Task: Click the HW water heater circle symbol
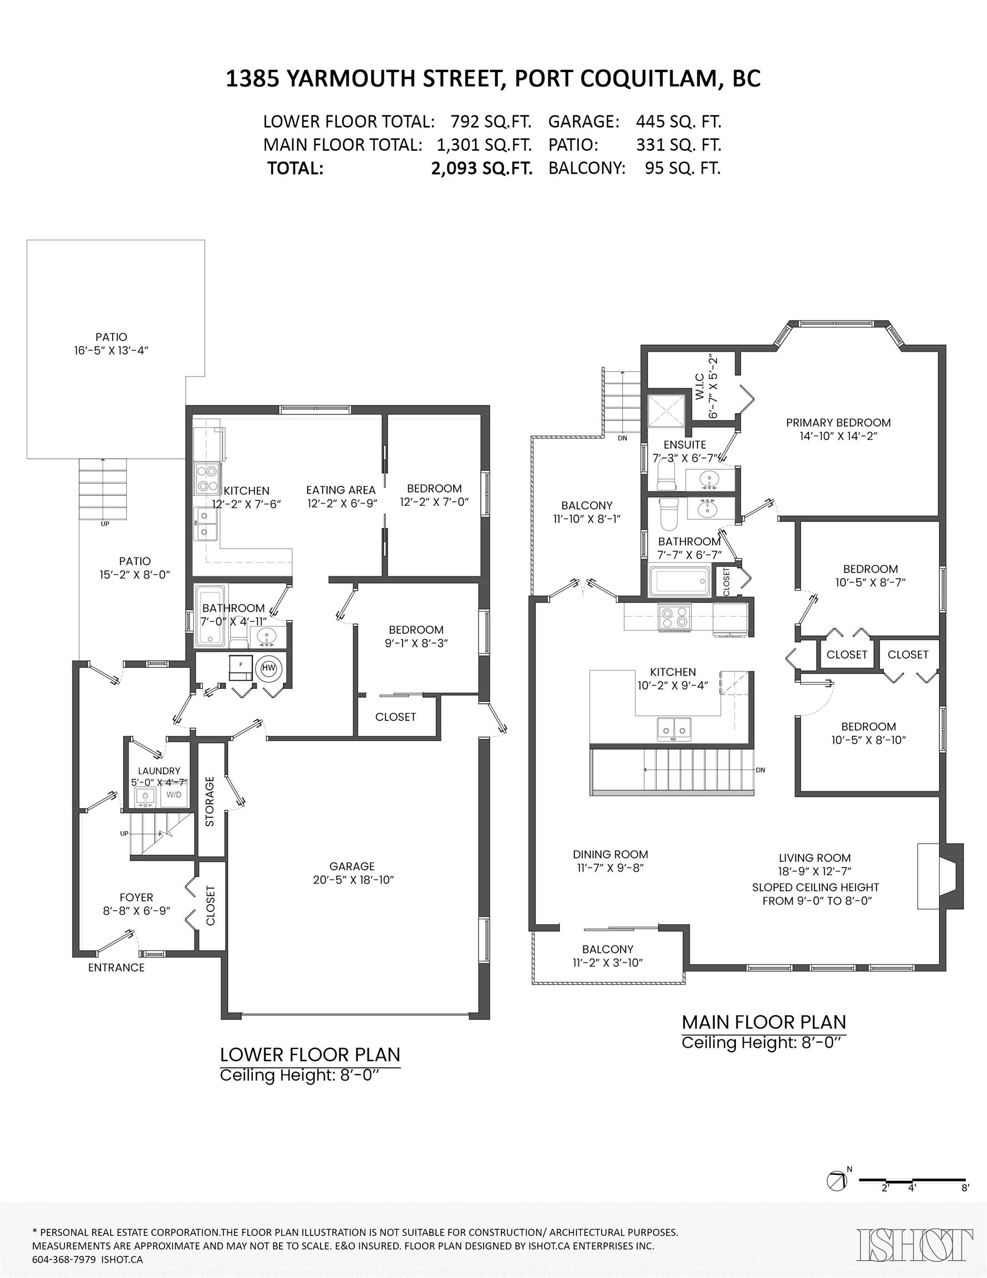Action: (x=268, y=668)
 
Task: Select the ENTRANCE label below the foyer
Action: (x=116, y=967)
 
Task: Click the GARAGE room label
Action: (x=352, y=866)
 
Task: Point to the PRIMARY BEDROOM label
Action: (x=838, y=423)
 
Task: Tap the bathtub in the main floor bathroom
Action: (x=679, y=581)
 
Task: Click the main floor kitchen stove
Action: (x=675, y=618)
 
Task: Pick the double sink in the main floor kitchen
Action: (x=674, y=728)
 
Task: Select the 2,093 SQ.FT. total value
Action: (x=481, y=169)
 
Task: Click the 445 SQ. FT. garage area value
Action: (x=679, y=121)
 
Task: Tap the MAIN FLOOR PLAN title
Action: (x=764, y=1022)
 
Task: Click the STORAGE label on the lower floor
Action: (x=210, y=801)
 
